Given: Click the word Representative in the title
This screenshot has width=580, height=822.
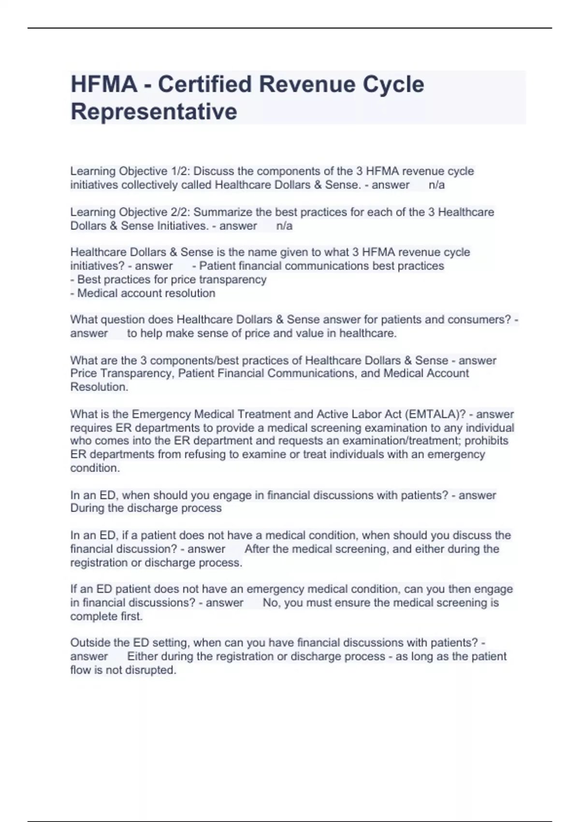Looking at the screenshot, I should [154, 112].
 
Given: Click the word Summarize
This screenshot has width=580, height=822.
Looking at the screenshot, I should [226, 212].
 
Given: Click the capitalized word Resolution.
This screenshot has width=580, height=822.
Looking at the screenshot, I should [99, 387].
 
